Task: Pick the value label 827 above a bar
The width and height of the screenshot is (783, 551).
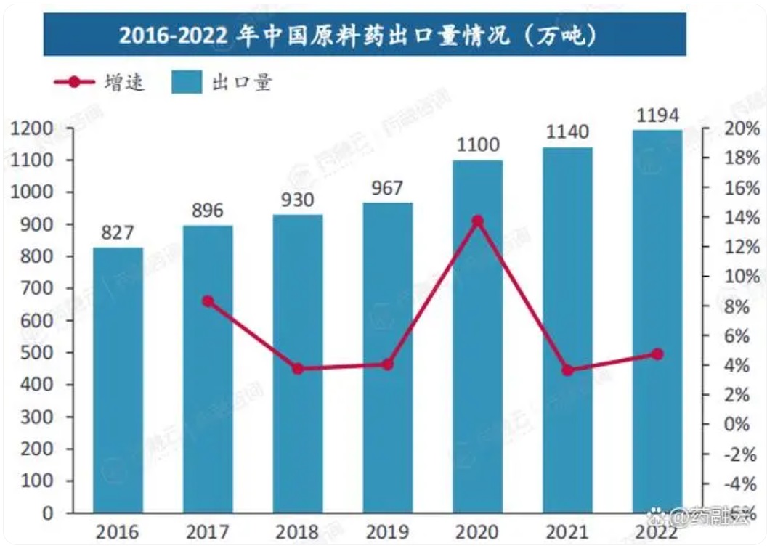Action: (x=118, y=233)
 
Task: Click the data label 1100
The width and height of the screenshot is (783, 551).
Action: (x=478, y=146)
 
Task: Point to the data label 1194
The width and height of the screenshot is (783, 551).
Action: (x=657, y=115)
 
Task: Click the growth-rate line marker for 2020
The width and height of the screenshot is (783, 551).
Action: (x=477, y=221)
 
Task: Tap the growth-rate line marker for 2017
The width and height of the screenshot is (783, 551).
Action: (x=208, y=301)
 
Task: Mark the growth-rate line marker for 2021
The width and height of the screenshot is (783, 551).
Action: (x=568, y=370)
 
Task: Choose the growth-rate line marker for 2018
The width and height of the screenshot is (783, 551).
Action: (x=298, y=369)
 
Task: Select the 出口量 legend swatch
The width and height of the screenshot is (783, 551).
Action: (x=186, y=82)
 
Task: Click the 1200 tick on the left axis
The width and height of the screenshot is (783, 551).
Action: (x=34, y=129)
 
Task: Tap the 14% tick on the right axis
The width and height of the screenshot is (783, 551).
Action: (x=741, y=218)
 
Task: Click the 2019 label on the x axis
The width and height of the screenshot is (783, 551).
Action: (x=388, y=533)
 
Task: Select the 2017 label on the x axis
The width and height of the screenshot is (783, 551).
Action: (x=208, y=533)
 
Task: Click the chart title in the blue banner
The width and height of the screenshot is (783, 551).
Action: (x=363, y=35)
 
